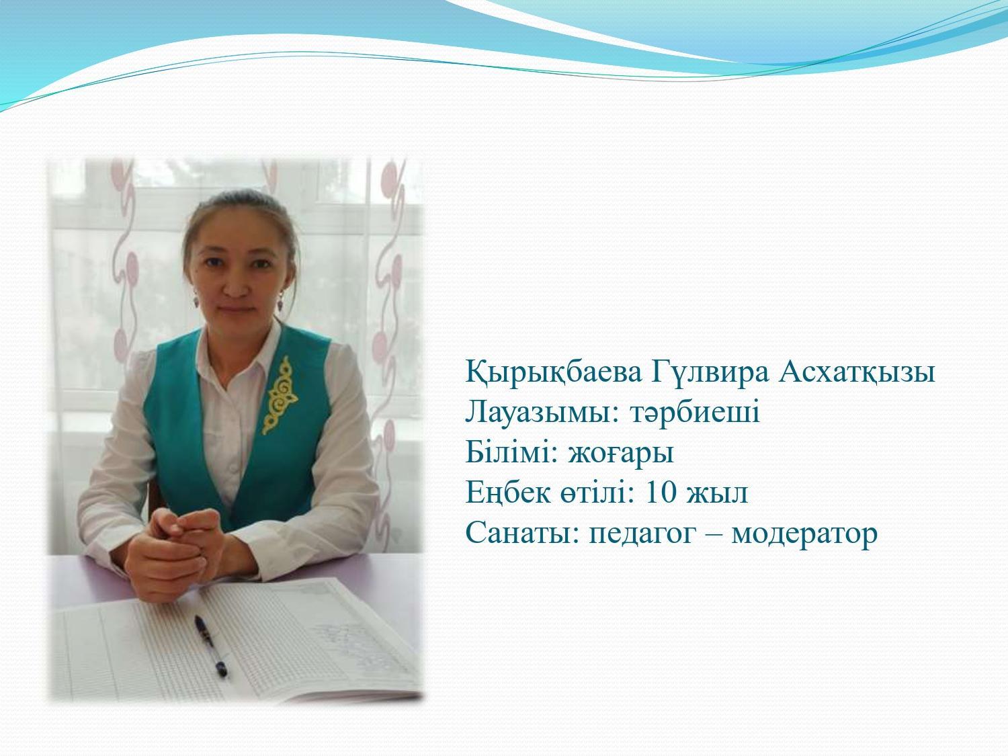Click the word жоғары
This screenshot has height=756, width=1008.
622,454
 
